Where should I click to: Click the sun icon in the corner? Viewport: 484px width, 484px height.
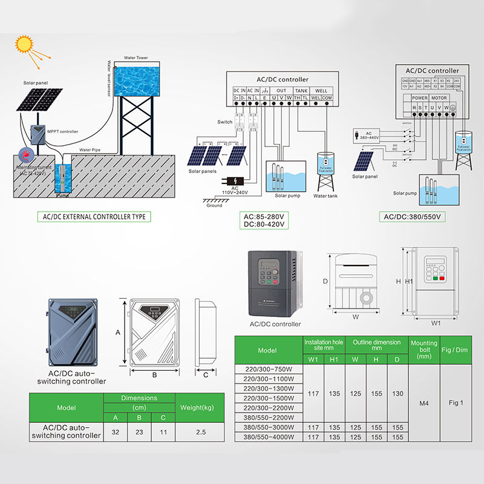pyautogui.click(x=25, y=44)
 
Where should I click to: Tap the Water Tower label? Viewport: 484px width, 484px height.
pyautogui.click(x=135, y=58)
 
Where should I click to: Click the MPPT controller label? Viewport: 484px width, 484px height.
pyautogui.click(x=62, y=131)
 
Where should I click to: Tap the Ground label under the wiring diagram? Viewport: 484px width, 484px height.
pyautogui.click(x=215, y=206)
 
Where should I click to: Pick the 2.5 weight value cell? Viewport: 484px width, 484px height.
pyautogui.click(x=201, y=432)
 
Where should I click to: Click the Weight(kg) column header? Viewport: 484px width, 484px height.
pyautogui.click(x=201, y=407)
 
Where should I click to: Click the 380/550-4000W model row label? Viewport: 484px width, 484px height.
pyautogui.click(x=268, y=437)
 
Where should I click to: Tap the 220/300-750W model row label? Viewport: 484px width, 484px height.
pyautogui.click(x=268, y=370)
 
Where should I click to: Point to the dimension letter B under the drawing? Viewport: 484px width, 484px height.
pyautogui.click(x=154, y=375)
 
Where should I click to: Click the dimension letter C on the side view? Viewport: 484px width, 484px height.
pyautogui.click(x=206, y=375)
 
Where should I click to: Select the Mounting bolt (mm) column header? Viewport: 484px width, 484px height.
pyautogui.click(x=424, y=350)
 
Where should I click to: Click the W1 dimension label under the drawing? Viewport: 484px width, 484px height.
pyautogui.click(x=436, y=323)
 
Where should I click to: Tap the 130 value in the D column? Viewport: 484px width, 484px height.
pyautogui.click(x=397, y=393)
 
